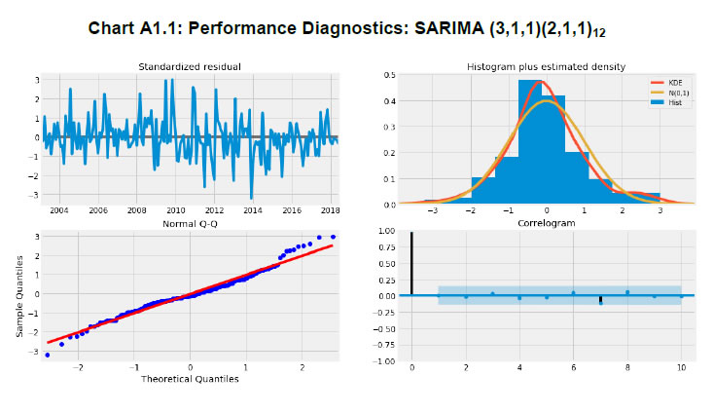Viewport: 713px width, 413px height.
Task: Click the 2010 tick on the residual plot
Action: point(174,210)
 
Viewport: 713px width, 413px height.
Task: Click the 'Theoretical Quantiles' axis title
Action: point(190,379)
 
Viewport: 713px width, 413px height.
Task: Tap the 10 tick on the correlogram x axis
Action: point(682,368)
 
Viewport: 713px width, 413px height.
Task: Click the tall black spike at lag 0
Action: point(412,263)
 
